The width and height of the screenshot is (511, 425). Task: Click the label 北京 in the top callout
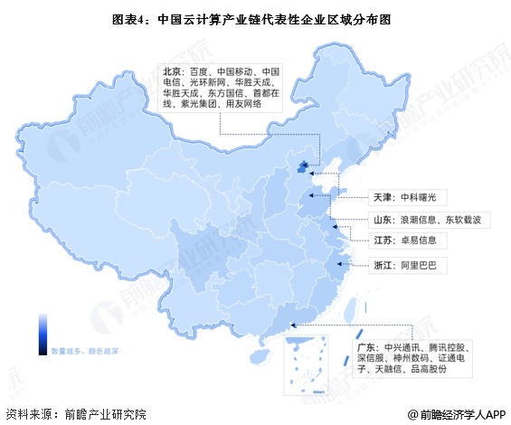172,70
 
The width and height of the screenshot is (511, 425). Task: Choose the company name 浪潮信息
419,218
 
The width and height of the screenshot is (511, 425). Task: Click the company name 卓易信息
419,241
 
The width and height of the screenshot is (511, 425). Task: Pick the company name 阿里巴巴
419,266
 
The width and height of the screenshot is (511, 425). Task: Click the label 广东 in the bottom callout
366,347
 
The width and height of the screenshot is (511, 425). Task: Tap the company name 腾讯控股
450,347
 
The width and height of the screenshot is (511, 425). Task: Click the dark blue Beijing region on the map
304,166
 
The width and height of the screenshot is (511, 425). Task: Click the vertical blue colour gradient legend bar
43,329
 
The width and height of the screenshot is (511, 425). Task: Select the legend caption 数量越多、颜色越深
85,349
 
